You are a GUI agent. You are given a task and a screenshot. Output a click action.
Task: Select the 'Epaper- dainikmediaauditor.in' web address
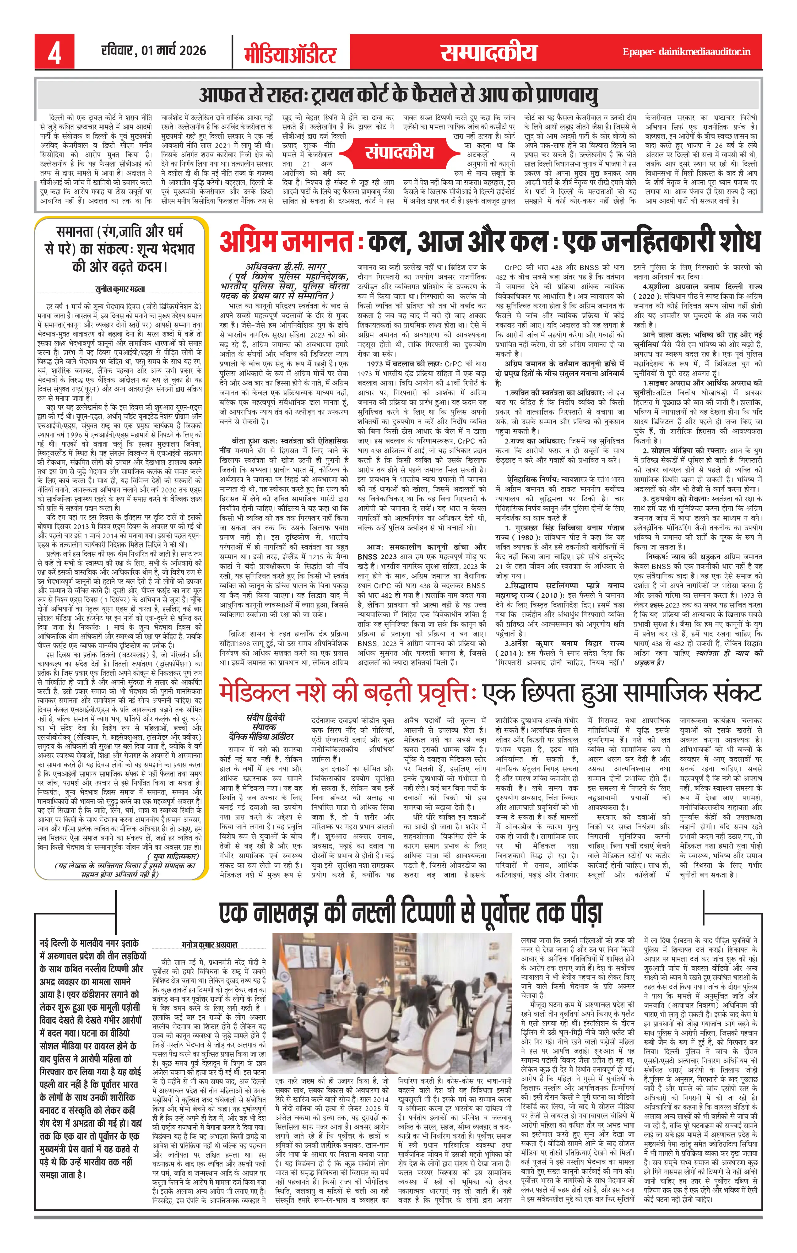[x=686, y=52]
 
